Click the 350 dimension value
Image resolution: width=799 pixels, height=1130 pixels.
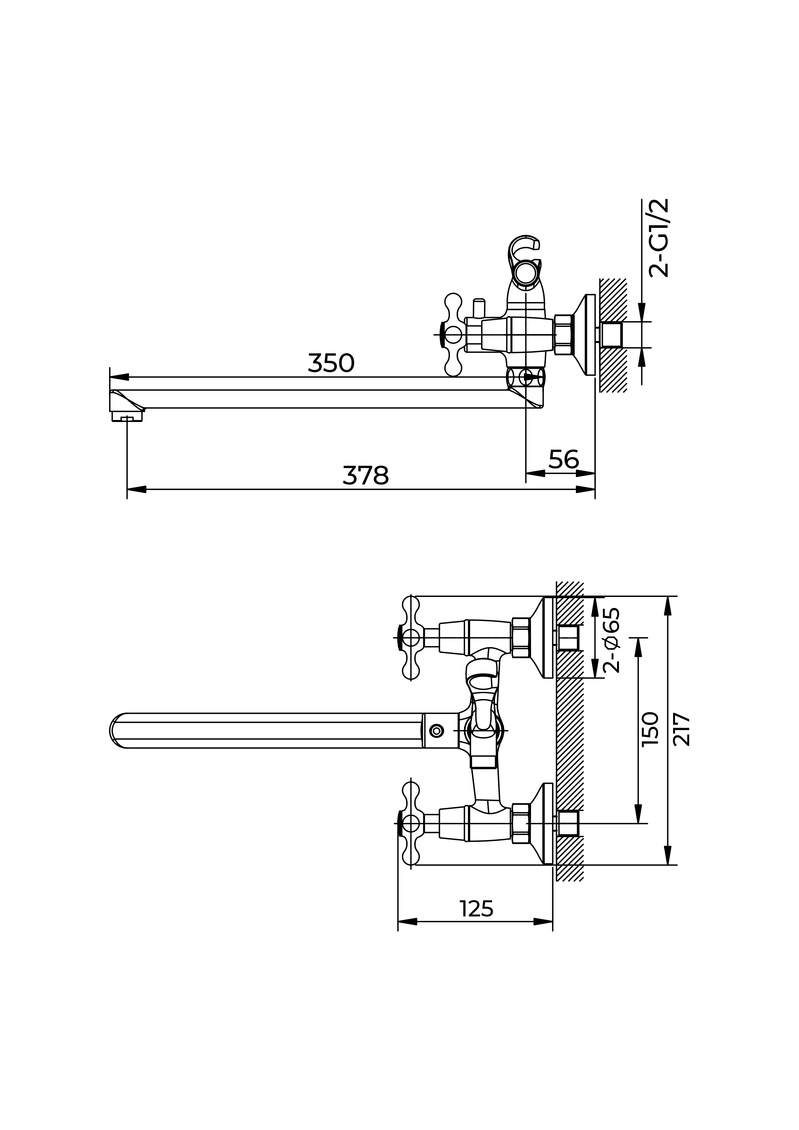(331, 363)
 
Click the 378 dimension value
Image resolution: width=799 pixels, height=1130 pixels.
(366, 475)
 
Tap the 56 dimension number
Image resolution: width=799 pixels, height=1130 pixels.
(564, 459)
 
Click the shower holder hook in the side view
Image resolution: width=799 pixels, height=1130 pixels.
(525, 261)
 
